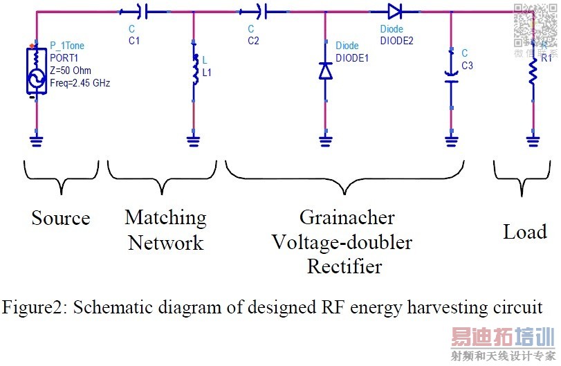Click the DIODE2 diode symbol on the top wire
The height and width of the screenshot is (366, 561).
click(394, 11)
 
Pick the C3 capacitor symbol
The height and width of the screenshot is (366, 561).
click(451, 71)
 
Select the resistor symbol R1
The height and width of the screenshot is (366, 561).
click(533, 72)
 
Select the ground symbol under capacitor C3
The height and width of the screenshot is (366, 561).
click(451, 143)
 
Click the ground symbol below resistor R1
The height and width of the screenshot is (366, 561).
click(533, 143)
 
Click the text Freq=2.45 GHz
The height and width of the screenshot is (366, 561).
click(80, 82)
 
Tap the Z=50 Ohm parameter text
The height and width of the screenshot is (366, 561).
click(71, 71)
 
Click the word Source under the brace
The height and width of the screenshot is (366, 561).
click(61, 219)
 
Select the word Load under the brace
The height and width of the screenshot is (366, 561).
click(525, 232)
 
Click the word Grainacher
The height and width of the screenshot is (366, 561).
click(347, 218)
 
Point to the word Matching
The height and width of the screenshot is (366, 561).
click(165, 218)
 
